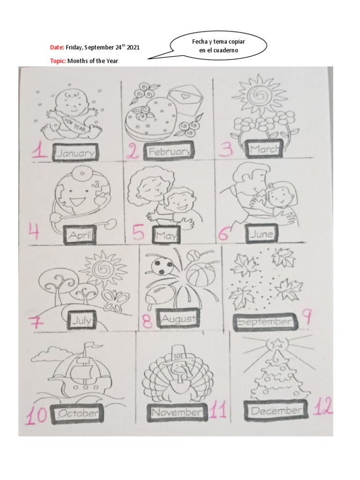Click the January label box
75,152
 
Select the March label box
264,149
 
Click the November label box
177,412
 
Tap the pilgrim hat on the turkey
179,354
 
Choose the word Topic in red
58,61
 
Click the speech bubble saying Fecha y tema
218,46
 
